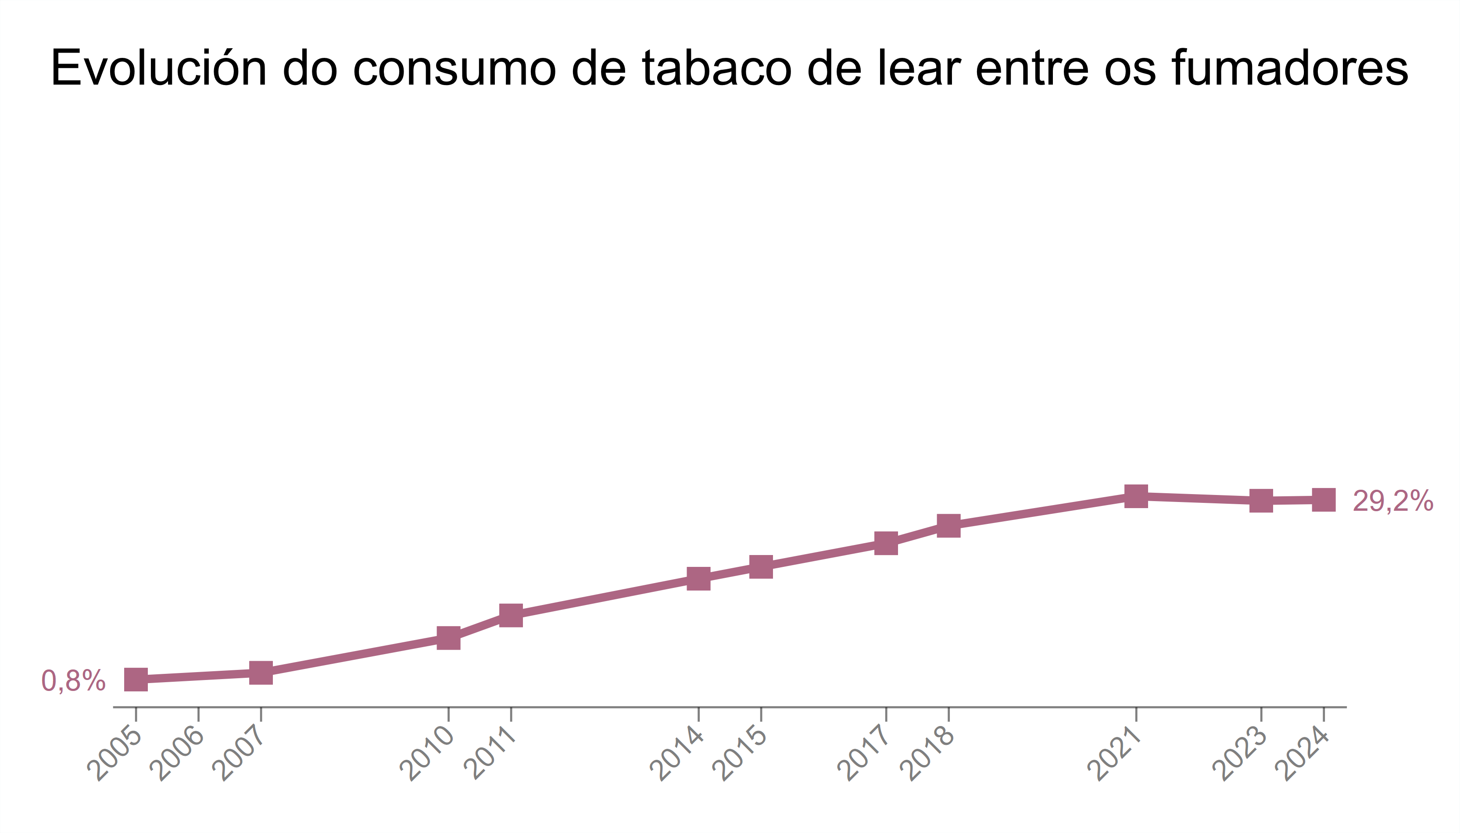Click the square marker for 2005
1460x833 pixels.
[136, 679]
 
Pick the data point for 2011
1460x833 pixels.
[511, 615]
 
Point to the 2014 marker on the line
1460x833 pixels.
[699, 578]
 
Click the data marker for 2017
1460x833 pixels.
[886, 543]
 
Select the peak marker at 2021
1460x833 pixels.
[1136, 496]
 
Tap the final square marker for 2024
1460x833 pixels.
[1324, 500]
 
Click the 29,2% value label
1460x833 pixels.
[1392, 501]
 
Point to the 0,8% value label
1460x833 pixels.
[73, 681]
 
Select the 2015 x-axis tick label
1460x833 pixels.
[742, 754]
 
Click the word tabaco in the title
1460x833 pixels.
[718, 69]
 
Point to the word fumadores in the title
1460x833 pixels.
[1289, 69]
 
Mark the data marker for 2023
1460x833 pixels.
[1261, 501]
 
